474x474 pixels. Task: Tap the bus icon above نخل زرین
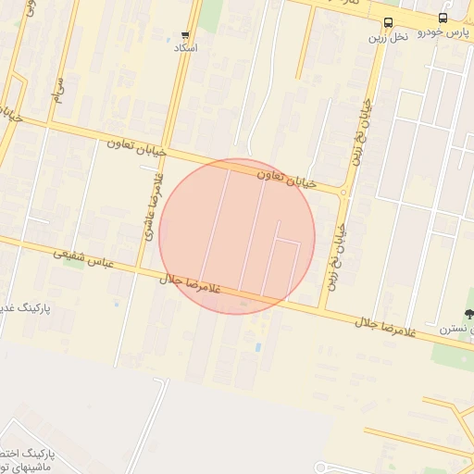click(x=387, y=22)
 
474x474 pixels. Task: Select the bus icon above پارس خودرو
click(x=443, y=18)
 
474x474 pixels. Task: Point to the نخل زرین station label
click(x=388, y=37)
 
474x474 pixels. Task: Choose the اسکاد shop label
click(x=185, y=47)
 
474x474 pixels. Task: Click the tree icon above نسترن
click(x=468, y=315)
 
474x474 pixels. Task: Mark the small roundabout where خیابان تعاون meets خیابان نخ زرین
click(x=344, y=193)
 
